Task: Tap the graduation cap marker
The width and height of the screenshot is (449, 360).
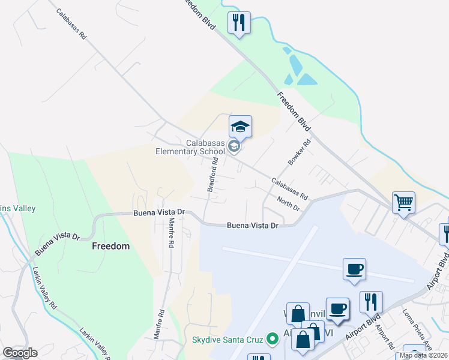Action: (x=240, y=127)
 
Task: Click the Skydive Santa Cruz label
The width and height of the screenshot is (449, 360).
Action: (x=228, y=340)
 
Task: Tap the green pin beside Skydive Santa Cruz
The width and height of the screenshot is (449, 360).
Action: (x=274, y=340)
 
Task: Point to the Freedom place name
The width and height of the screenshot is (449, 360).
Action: (x=110, y=246)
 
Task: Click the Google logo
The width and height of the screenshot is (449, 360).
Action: (x=20, y=353)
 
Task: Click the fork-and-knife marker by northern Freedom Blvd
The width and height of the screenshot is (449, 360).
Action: (x=239, y=23)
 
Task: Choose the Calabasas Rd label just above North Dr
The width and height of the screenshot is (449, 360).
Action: (x=289, y=188)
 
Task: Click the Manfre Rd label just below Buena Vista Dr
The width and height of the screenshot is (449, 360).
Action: (x=170, y=233)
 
